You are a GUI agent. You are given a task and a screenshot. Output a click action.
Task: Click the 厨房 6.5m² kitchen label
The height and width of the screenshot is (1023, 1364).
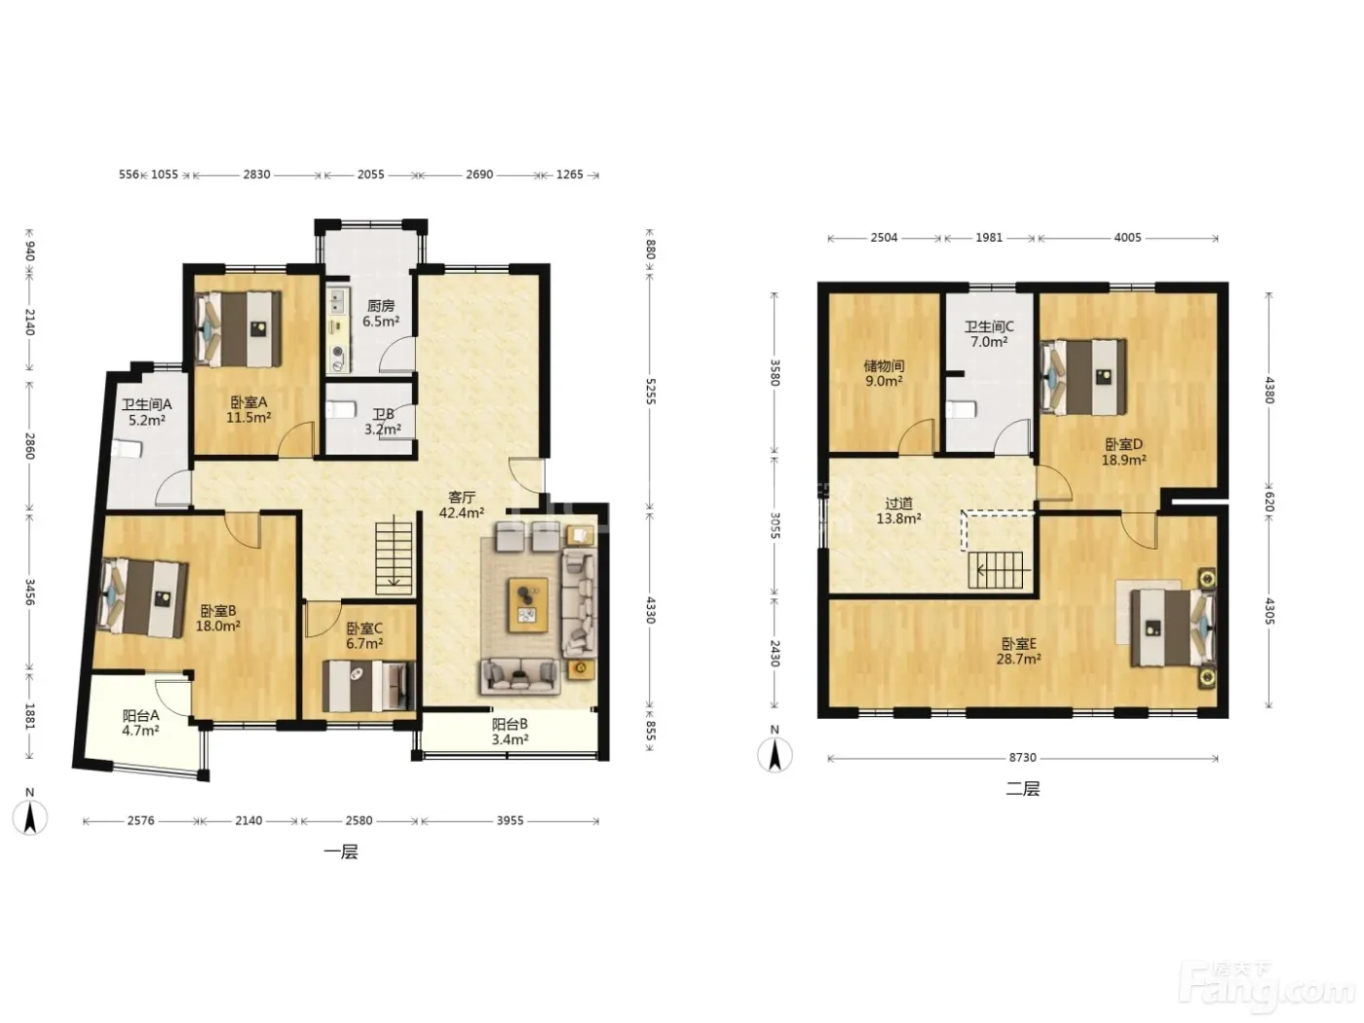tap(380, 314)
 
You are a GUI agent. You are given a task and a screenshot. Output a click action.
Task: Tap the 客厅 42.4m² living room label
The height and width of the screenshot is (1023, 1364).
tap(462, 505)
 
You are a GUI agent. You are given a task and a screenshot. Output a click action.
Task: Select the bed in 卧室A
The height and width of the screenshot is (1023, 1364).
tap(238, 328)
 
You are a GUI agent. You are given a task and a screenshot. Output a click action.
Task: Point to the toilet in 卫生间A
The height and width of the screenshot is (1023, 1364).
tap(128, 449)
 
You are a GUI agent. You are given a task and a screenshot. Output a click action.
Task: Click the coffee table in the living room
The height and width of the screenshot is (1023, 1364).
tap(528, 605)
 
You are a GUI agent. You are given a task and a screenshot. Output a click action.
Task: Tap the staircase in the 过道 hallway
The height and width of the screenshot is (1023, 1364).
tap(996, 570)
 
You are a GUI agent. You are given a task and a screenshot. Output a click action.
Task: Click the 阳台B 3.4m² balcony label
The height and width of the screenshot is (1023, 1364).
tap(510, 732)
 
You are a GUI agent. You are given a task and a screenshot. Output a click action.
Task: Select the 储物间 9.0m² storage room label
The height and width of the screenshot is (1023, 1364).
tap(884, 373)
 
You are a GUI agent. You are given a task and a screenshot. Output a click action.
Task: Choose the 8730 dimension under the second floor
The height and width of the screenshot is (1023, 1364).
tap(1022, 758)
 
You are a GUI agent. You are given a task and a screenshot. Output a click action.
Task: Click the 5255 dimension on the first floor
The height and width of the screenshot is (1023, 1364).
tap(650, 392)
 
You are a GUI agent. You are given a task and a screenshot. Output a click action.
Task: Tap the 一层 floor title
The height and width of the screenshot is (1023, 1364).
tap(341, 852)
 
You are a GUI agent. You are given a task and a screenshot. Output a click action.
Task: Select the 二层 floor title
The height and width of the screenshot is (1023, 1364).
tap(1022, 789)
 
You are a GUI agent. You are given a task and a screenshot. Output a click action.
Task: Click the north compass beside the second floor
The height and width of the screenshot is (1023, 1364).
tap(775, 749)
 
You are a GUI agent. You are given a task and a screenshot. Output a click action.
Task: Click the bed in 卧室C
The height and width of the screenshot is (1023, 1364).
tap(368, 686)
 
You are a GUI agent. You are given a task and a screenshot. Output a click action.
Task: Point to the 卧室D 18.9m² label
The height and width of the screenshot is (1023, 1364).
tap(1123, 452)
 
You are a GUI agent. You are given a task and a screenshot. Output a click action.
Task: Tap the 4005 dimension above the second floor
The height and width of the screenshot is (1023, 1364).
tap(1127, 238)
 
